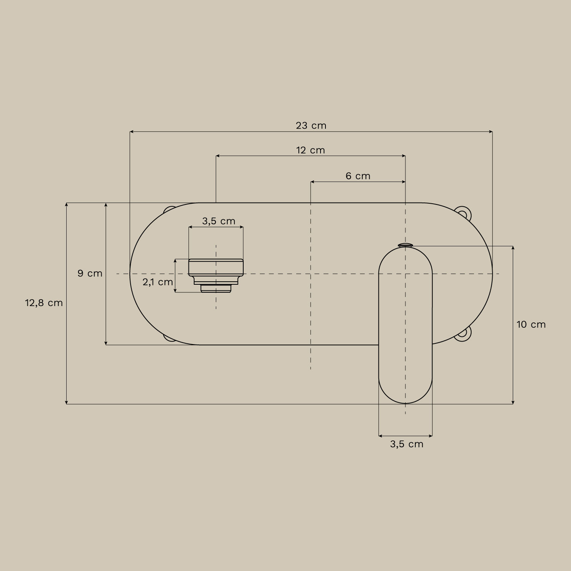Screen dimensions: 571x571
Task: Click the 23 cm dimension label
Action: [311, 126]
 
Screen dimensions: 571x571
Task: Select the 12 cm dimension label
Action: [311, 150]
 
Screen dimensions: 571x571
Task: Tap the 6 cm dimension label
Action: [358, 176]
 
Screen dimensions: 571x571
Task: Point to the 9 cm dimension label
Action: [90, 273]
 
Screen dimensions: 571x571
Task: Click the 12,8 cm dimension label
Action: [44, 303]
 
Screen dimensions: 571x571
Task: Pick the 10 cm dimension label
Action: [531, 324]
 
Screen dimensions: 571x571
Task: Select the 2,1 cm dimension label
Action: [158, 282]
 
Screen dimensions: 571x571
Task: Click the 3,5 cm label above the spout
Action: [219, 221]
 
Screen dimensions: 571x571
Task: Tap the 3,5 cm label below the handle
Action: [407, 444]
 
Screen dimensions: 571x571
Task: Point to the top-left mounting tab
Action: [169, 210]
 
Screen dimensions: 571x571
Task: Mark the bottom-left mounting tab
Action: [169, 338]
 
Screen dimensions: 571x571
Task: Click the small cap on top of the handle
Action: [405, 245]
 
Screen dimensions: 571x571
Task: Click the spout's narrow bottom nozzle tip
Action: [216, 289]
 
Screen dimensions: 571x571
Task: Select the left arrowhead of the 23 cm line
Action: [131, 132]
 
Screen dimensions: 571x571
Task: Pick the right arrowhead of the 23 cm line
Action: [491, 132]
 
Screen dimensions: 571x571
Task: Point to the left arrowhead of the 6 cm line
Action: [313, 182]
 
